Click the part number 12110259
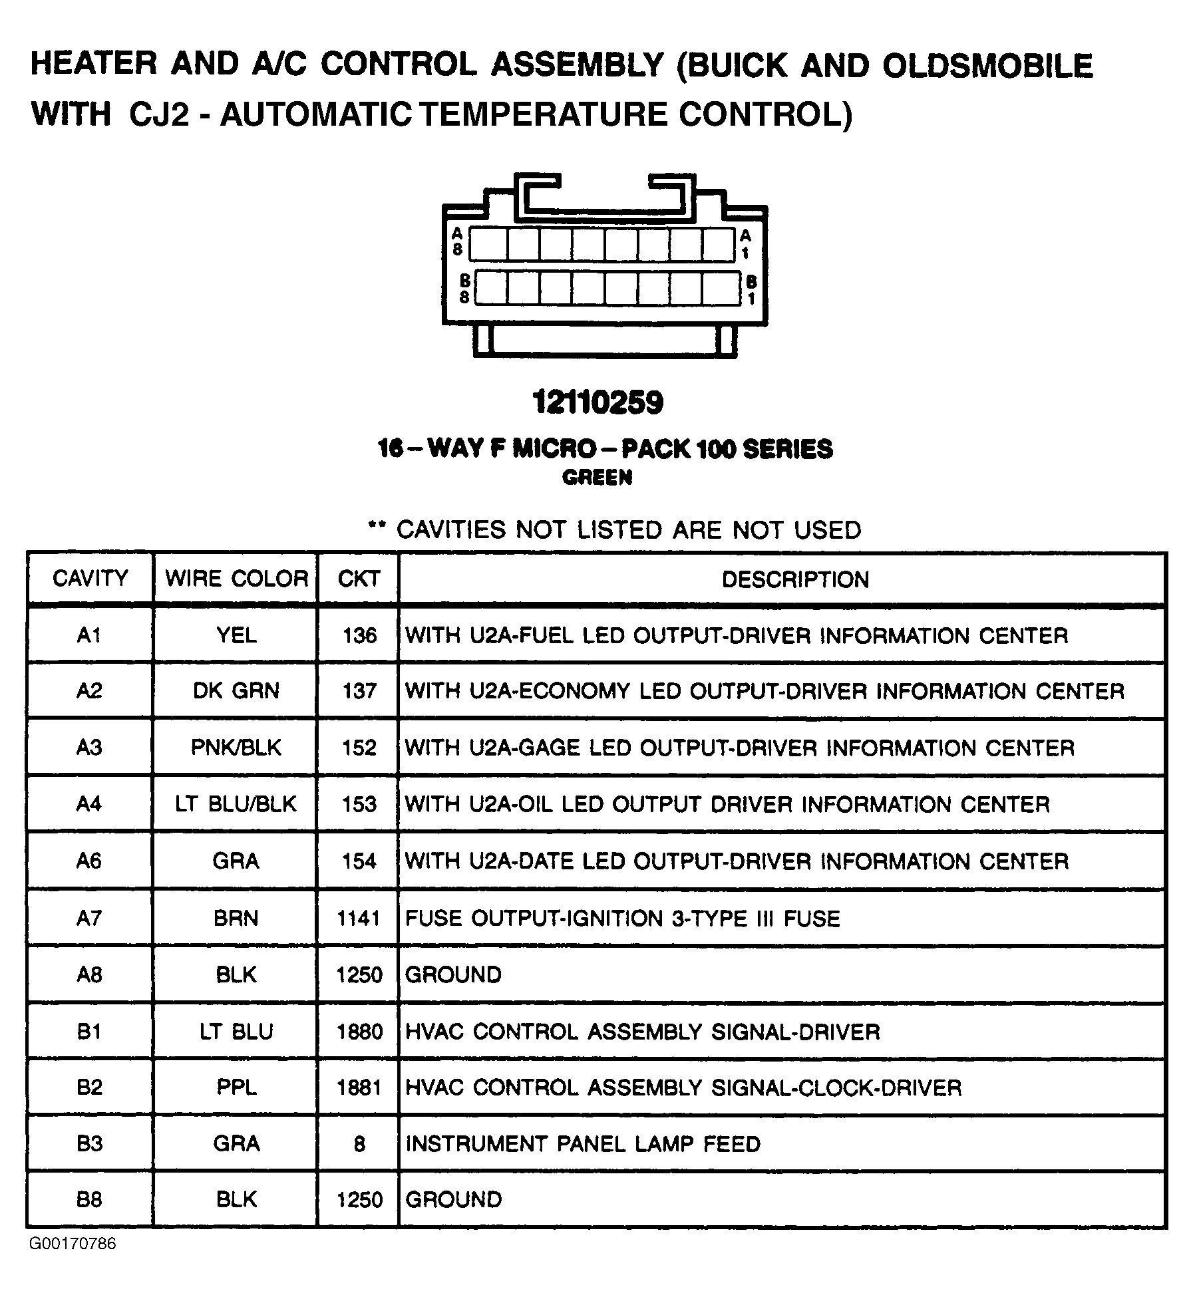coord(597,403)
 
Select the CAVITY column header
coord(90,578)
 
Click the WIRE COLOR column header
coord(236,578)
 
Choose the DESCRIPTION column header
coord(795,579)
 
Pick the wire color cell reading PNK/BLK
coord(236,747)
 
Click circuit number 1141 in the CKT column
coord(359,919)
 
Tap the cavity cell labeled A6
coord(89,861)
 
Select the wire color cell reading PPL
coord(236,1087)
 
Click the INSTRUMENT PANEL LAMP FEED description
coord(583,1144)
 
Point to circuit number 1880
coord(359,1032)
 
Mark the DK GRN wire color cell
coord(236,690)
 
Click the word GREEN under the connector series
coord(597,478)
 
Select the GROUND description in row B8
coord(454,1200)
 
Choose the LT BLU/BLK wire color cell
coord(236,803)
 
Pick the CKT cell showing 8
coord(359,1144)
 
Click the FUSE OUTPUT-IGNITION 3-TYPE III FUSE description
coord(622,919)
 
